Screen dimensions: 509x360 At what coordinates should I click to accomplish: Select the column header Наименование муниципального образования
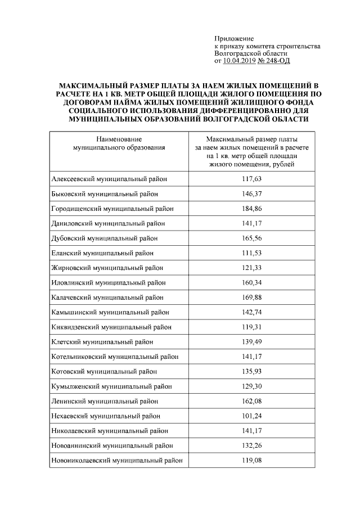[119, 143]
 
